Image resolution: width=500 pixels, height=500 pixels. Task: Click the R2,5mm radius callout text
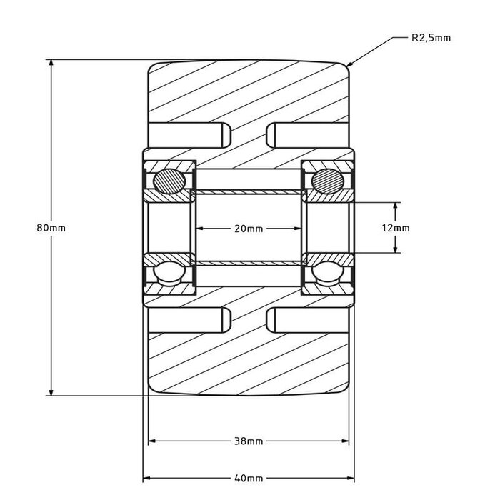(x=431, y=38)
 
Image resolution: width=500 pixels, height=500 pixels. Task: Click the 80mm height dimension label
(x=51, y=228)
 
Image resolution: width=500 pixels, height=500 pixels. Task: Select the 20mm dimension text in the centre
(x=249, y=229)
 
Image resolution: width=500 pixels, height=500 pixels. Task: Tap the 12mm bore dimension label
(x=396, y=228)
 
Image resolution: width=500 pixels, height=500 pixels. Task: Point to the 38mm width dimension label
(x=249, y=441)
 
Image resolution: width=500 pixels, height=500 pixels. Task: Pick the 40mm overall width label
(x=249, y=479)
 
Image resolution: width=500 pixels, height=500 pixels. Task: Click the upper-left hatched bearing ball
(x=169, y=181)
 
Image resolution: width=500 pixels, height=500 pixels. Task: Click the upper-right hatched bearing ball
(x=327, y=181)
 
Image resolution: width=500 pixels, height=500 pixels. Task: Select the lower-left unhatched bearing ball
(x=169, y=273)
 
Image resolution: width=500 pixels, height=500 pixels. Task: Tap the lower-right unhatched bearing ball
(x=327, y=273)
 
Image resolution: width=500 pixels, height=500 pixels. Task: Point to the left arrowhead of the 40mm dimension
(x=146, y=479)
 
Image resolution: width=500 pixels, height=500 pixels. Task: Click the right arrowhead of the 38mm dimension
(x=345, y=441)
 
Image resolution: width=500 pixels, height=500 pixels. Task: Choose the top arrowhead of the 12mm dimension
(x=396, y=206)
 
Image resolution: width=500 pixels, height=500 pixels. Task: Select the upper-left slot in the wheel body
(x=189, y=135)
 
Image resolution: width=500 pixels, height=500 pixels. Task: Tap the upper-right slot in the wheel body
(x=307, y=135)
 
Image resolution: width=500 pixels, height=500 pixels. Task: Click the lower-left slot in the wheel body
(x=189, y=320)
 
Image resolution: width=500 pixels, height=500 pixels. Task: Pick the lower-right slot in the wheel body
(x=307, y=320)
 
